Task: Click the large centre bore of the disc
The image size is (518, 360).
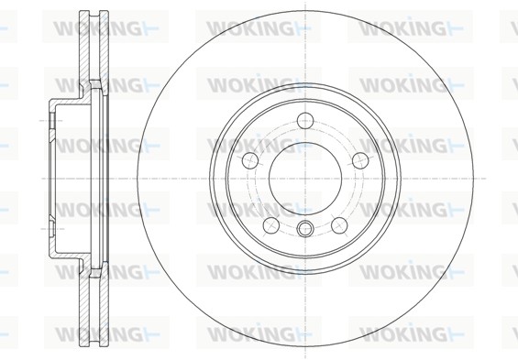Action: (305, 179)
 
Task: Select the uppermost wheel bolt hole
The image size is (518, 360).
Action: (305, 120)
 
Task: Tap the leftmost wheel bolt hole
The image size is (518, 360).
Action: (250, 160)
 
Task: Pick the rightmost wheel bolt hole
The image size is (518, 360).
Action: (360, 160)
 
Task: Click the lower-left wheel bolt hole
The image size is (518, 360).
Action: (271, 225)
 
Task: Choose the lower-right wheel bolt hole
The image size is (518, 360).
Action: (339, 225)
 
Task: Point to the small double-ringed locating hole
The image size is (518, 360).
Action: (305, 228)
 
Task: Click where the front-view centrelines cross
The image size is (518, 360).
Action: (305, 179)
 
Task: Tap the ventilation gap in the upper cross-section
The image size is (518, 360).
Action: (94, 46)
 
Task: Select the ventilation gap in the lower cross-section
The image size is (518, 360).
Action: (94, 311)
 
